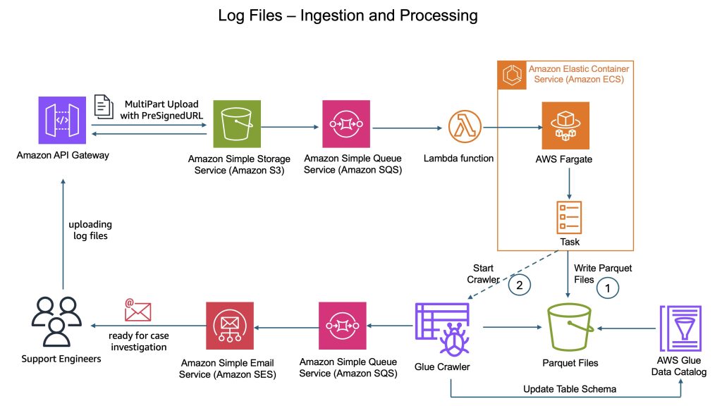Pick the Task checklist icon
568,216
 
